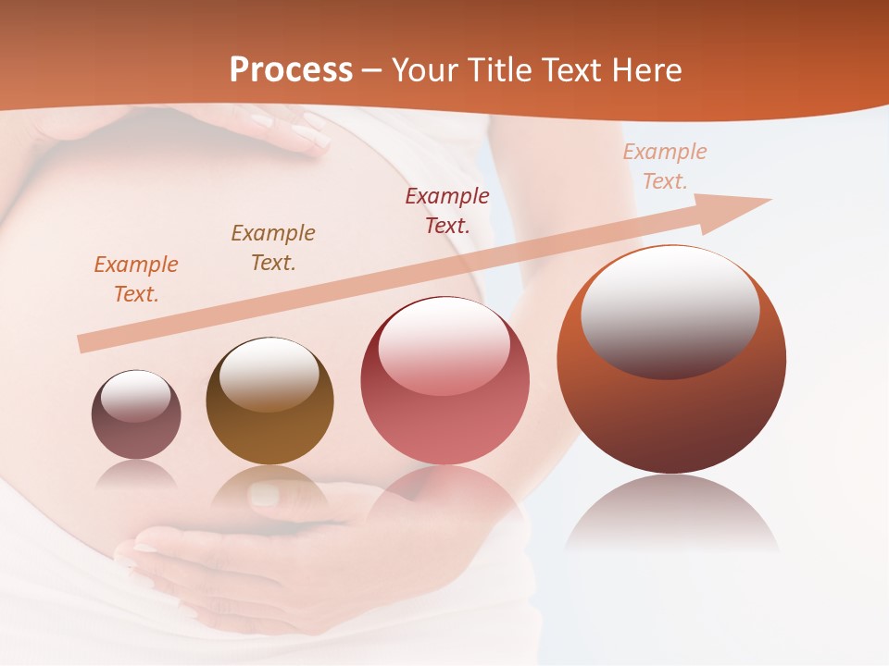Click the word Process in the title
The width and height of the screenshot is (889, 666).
(x=291, y=70)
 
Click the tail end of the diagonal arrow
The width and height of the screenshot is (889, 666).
(x=85, y=344)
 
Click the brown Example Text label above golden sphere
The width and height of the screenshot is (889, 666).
(x=272, y=248)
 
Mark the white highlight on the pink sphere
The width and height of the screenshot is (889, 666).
(x=444, y=344)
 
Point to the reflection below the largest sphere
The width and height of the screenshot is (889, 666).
(x=671, y=513)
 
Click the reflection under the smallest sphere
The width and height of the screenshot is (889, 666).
(x=136, y=475)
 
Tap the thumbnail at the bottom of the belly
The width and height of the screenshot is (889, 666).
(x=264, y=495)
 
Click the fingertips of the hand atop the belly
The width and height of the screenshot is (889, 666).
(x=310, y=137)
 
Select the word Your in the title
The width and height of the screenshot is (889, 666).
(x=423, y=70)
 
